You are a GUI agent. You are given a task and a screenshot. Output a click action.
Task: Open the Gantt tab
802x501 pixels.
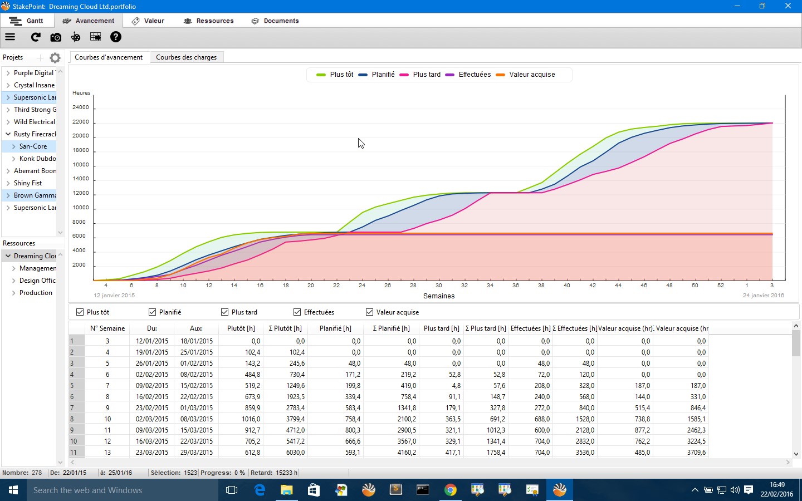[x=27, y=21]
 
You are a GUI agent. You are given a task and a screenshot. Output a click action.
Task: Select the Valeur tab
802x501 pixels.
[x=148, y=21]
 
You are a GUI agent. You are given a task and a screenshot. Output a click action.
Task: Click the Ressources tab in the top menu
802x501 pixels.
[x=209, y=21]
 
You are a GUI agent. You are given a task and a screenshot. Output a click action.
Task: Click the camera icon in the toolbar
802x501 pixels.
[x=56, y=37]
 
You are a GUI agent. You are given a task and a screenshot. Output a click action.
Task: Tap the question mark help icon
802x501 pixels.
[x=115, y=37]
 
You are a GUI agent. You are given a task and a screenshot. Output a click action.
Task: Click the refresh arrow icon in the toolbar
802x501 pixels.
[x=36, y=37]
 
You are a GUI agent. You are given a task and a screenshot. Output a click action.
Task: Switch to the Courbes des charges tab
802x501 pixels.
[x=186, y=57]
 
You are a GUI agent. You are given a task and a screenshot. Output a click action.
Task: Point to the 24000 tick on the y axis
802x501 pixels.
[x=81, y=107]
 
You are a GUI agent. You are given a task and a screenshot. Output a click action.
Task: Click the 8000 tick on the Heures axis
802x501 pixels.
[x=79, y=222]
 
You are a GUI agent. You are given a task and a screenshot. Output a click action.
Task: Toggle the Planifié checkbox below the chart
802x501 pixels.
[x=152, y=312]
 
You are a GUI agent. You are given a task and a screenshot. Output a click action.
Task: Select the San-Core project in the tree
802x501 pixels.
[x=33, y=146]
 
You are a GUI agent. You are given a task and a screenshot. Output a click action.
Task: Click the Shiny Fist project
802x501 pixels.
[x=28, y=183]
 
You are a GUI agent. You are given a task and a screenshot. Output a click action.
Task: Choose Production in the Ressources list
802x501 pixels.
[x=36, y=293]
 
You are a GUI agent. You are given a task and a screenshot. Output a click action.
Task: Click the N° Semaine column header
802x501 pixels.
[x=107, y=328]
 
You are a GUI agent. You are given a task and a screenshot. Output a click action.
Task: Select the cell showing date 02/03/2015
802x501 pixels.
[x=151, y=419]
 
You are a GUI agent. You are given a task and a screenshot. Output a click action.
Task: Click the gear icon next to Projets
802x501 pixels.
[x=55, y=58]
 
